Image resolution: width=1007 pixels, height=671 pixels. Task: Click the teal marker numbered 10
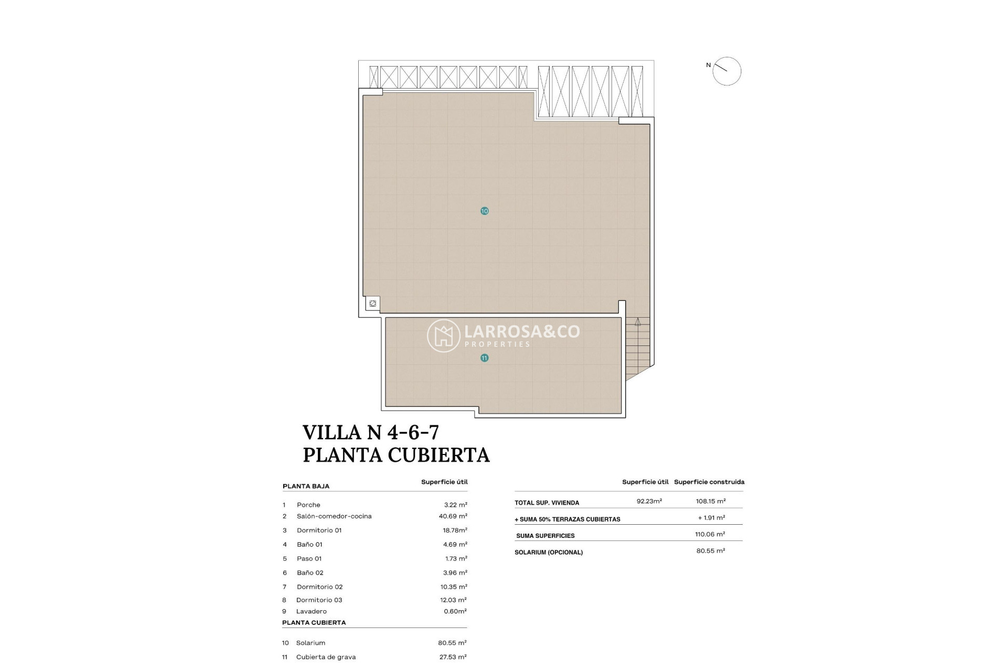point(484,211)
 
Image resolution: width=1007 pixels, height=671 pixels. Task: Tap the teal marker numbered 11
point(484,358)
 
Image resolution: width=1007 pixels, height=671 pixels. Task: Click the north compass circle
point(726,71)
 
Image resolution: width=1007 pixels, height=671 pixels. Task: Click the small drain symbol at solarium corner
point(372,304)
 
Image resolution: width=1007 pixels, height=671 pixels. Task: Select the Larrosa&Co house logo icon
point(443,335)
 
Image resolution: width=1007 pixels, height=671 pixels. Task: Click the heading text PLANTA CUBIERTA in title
point(396,454)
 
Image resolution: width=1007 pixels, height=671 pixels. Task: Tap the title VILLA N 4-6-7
point(370,432)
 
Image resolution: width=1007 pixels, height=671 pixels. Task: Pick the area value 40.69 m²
point(453,516)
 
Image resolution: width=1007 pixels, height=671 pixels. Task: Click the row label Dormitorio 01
point(319,531)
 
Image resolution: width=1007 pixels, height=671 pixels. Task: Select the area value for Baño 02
point(454,573)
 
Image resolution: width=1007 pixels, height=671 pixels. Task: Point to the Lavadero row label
point(311,611)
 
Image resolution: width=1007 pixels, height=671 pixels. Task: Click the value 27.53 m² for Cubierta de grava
point(452,657)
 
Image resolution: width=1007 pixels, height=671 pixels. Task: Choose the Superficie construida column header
point(709,482)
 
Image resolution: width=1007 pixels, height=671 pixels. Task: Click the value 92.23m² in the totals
point(649,501)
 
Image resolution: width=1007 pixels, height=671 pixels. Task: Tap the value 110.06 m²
point(710,534)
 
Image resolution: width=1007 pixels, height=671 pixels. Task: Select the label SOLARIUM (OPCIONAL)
point(549,552)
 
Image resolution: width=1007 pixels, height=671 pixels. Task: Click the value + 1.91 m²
point(711,517)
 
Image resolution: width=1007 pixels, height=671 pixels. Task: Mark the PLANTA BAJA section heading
point(306,486)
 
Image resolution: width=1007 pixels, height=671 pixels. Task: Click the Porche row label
point(308,505)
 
